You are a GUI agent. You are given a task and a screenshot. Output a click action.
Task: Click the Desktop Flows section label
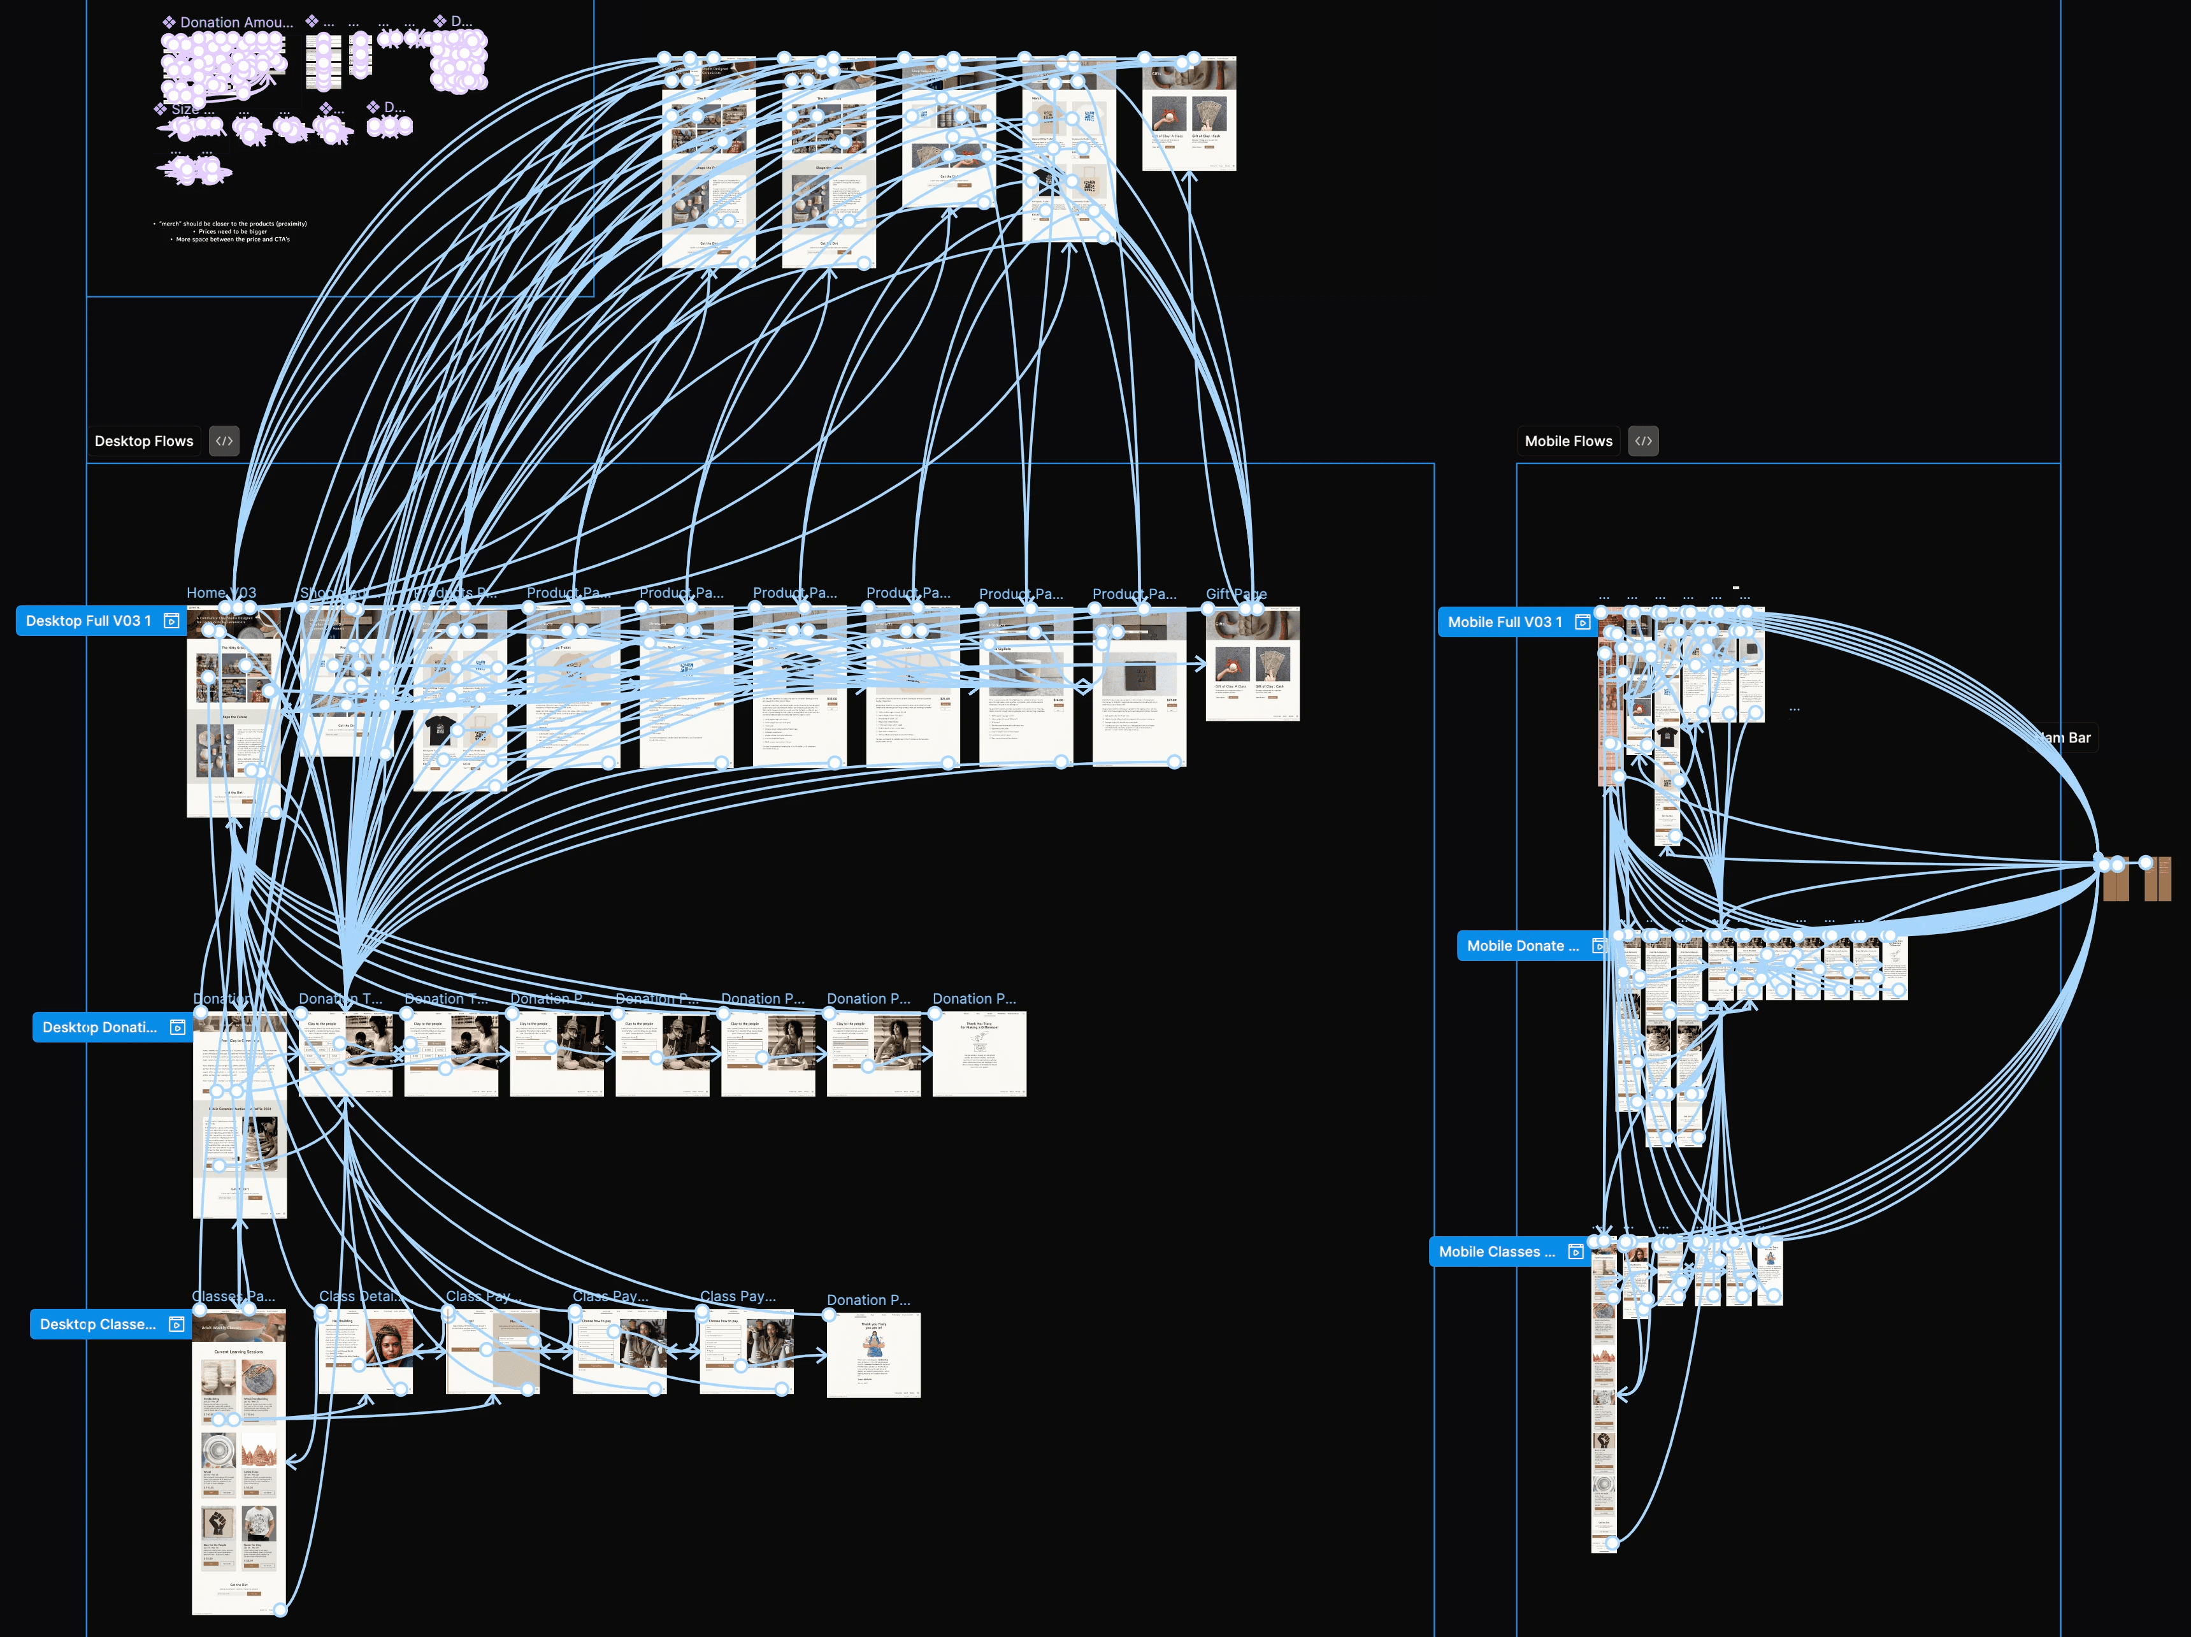click(143, 441)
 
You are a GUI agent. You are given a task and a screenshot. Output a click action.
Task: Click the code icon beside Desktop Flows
click(224, 441)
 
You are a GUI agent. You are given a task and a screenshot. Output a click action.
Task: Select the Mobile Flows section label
click(1568, 441)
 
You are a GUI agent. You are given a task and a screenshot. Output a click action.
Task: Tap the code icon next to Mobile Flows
click(1643, 441)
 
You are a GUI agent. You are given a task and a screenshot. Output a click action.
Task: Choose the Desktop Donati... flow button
click(99, 1028)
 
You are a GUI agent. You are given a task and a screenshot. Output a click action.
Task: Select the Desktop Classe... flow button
click(97, 1325)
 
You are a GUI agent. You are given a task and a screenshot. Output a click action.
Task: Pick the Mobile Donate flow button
click(1523, 946)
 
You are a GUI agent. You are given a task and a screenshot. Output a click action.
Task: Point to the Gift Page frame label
click(1235, 593)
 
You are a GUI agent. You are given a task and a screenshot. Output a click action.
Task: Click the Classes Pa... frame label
click(233, 1296)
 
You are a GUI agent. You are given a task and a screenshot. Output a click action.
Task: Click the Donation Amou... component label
click(236, 22)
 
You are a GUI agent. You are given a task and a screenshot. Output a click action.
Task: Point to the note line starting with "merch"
click(233, 224)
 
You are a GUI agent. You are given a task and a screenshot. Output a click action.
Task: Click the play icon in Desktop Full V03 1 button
click(171, 621)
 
